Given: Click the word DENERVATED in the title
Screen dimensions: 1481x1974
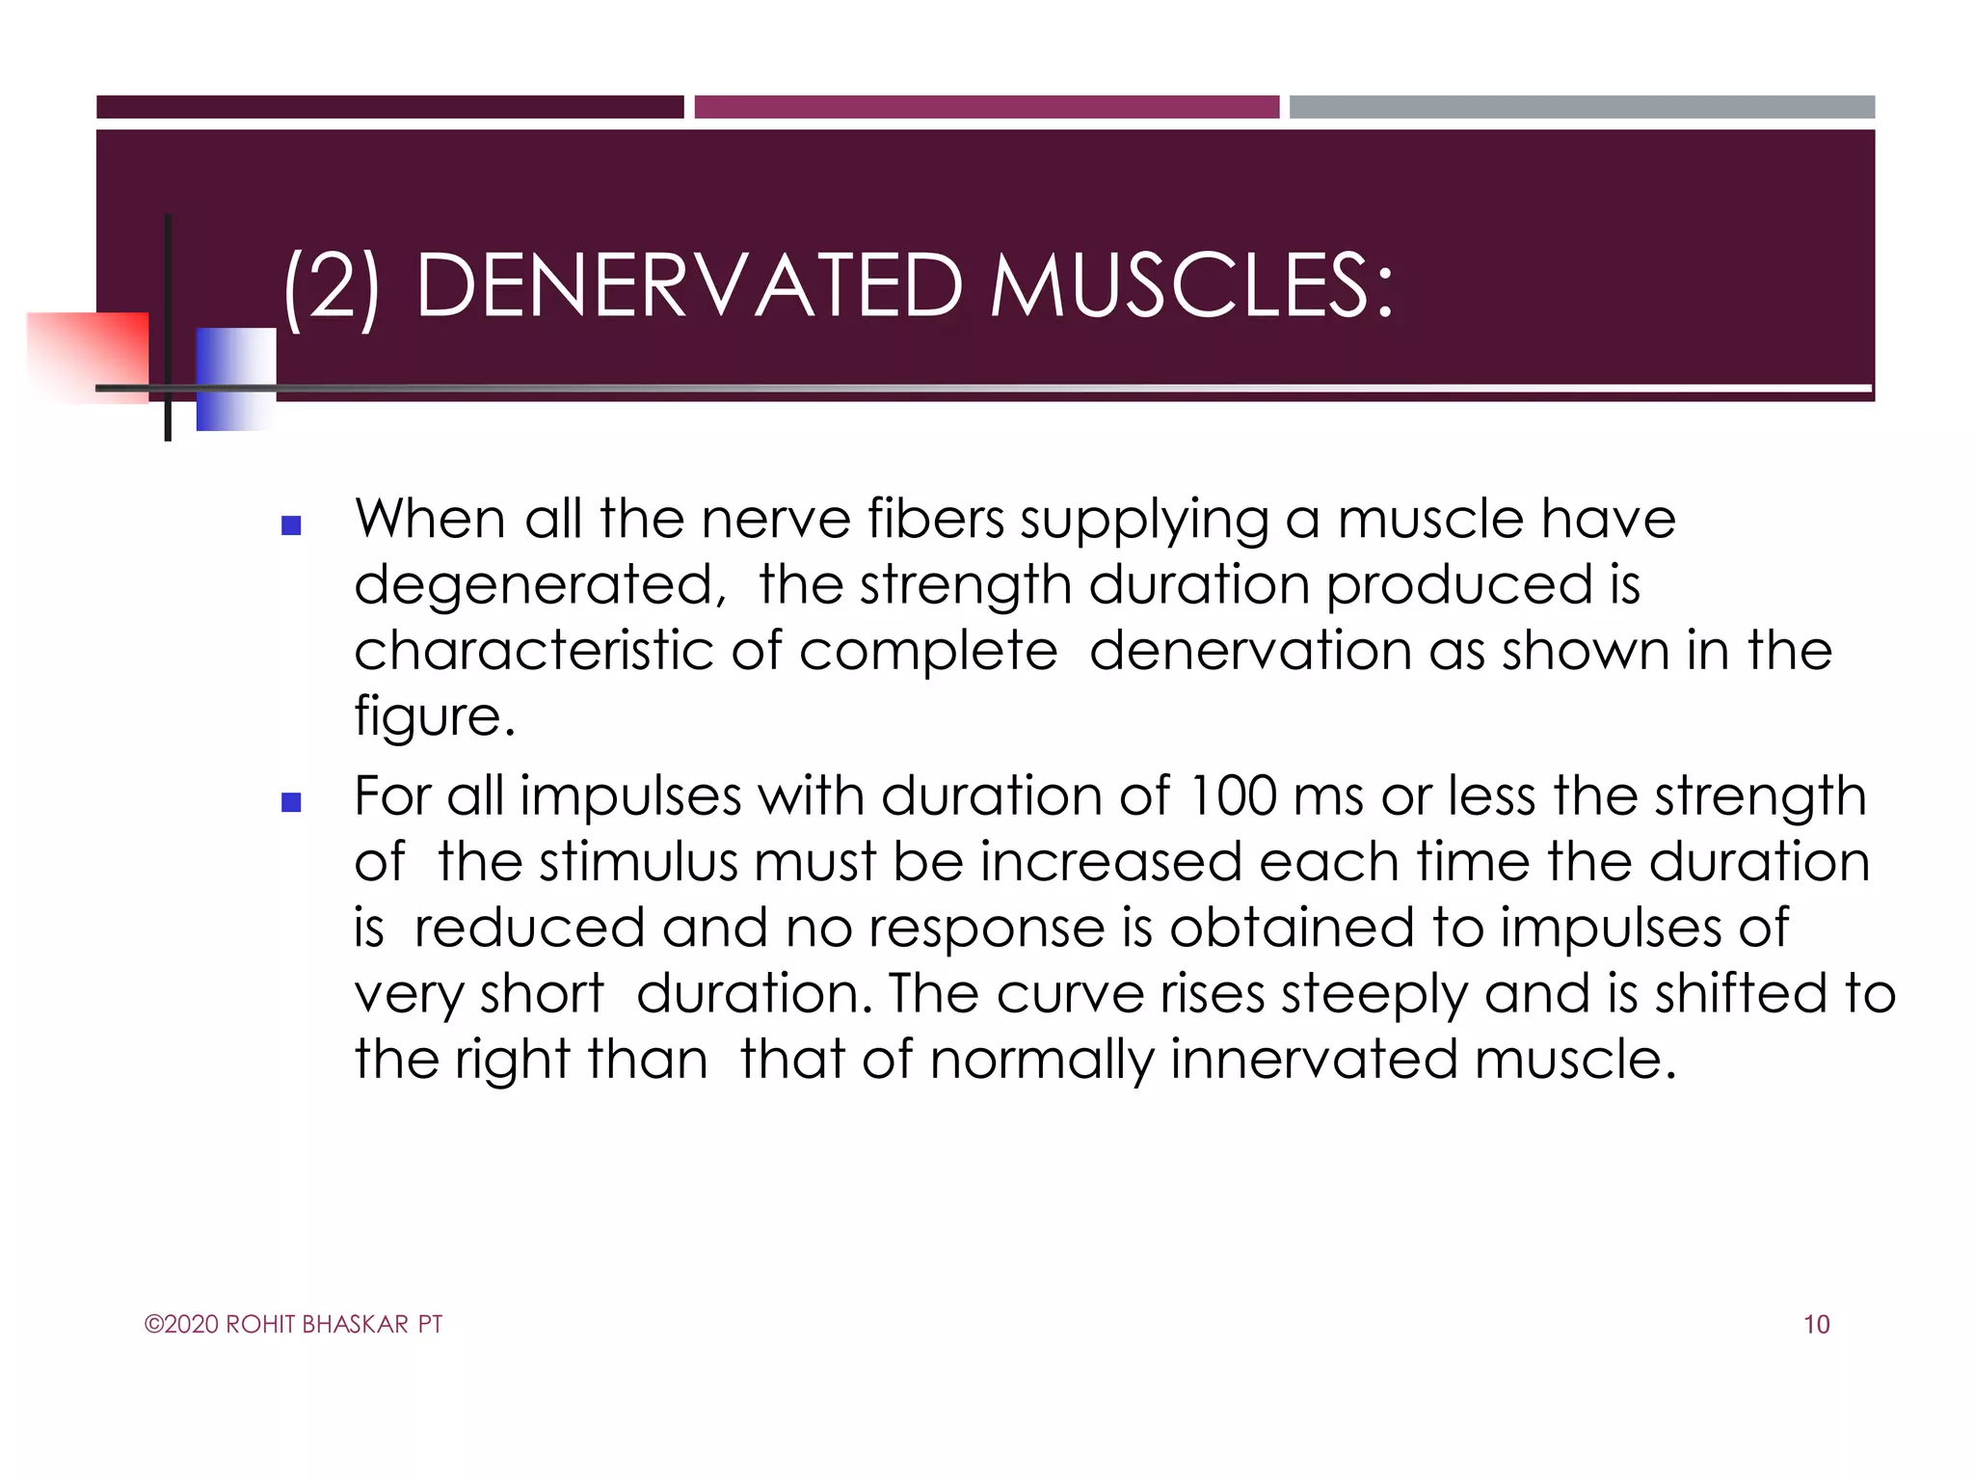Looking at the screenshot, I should click(x=688, y=286).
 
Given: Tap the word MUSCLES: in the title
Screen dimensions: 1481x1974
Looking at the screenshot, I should click(x=1191, y=286).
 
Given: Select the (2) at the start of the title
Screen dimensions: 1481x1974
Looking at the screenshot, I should click(x=331, y=286).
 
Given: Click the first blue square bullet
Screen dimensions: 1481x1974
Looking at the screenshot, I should click(x=291, y=526).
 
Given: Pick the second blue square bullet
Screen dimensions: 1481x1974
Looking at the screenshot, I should click(x=291, y=802).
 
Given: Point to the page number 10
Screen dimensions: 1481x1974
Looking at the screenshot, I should click(x=1816, y=1325).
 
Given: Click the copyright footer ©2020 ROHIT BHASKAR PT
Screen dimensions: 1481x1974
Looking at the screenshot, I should click(x=293, y=1325).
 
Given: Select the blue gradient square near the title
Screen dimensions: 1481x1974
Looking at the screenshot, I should click(x=235, y=378).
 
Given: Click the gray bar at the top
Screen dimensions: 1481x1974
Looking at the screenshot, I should click(x=1582, y=107).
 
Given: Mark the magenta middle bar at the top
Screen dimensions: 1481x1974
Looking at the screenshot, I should click(x=986, y=107).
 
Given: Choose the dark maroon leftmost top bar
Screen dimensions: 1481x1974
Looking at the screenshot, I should click(x=389, y=107).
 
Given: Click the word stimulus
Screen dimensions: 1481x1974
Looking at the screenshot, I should click(x=638, y=863).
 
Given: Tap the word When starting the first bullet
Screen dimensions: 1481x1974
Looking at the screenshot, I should click(x=430, y=520).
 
